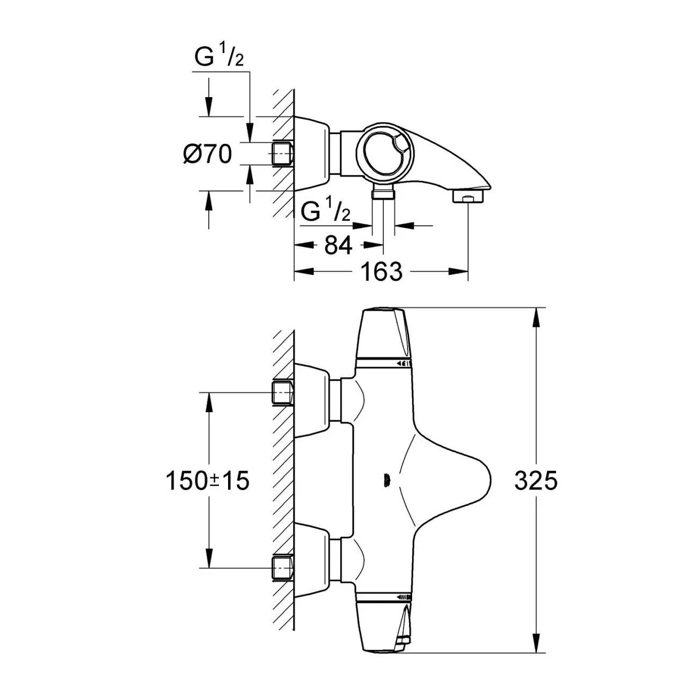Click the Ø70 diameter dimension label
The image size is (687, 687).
pyautogui.click(x=207, y=155)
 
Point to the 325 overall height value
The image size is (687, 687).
pyautogui.click(x=536, y=480)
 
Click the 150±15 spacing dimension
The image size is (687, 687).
pyautogui.click(x=207, y=480)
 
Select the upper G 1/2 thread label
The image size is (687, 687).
pyautogui.click(x=219, y=57)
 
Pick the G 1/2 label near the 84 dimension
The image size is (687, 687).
pyautogui.click(x=326, y=211)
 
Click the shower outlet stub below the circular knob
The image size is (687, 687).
pyautogui.click(x=383, y=194)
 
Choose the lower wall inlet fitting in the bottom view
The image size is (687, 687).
pyautogui.click(x=283, y=568)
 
